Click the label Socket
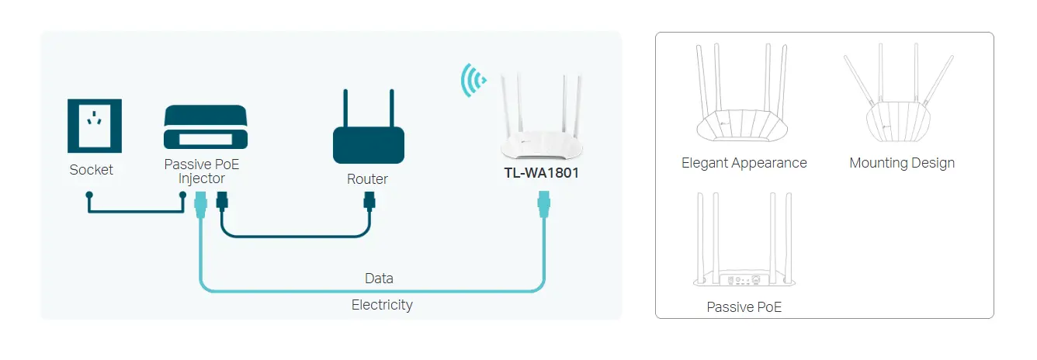pyautogui.click(x=91, y=170)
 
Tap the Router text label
pyautogui.click(x=367, y=179)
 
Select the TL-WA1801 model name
pyautogui.click(x=541, y=173)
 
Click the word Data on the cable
pyautogui.click(x=379, y=278)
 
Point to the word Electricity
pyautogui.click(x=382, y=305)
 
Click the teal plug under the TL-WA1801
pyautogui.click(x=544, y=206)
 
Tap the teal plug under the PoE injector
pyautogui.click(x=199, y=206)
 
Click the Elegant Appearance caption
pyautogui.click(x=744, y=163)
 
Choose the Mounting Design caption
pyautogui.click(x=901, y=163)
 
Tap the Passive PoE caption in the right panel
pyautogui.click(x=744, y=307)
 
